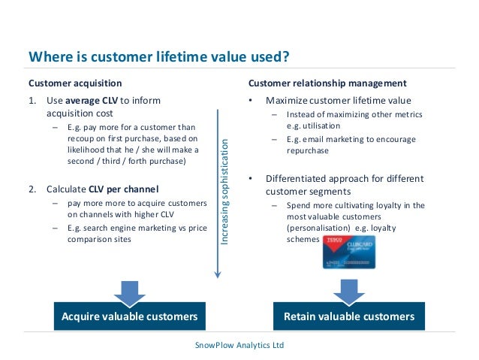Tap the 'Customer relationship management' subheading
tap(327, 83)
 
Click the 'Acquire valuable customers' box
tap(129, 316)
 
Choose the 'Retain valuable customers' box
tap(348, 316)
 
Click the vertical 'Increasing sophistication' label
tap(224, 191)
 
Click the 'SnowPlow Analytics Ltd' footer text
tap(239, 345)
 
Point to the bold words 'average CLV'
tap(95, 100)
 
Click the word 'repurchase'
tap(309, 150)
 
